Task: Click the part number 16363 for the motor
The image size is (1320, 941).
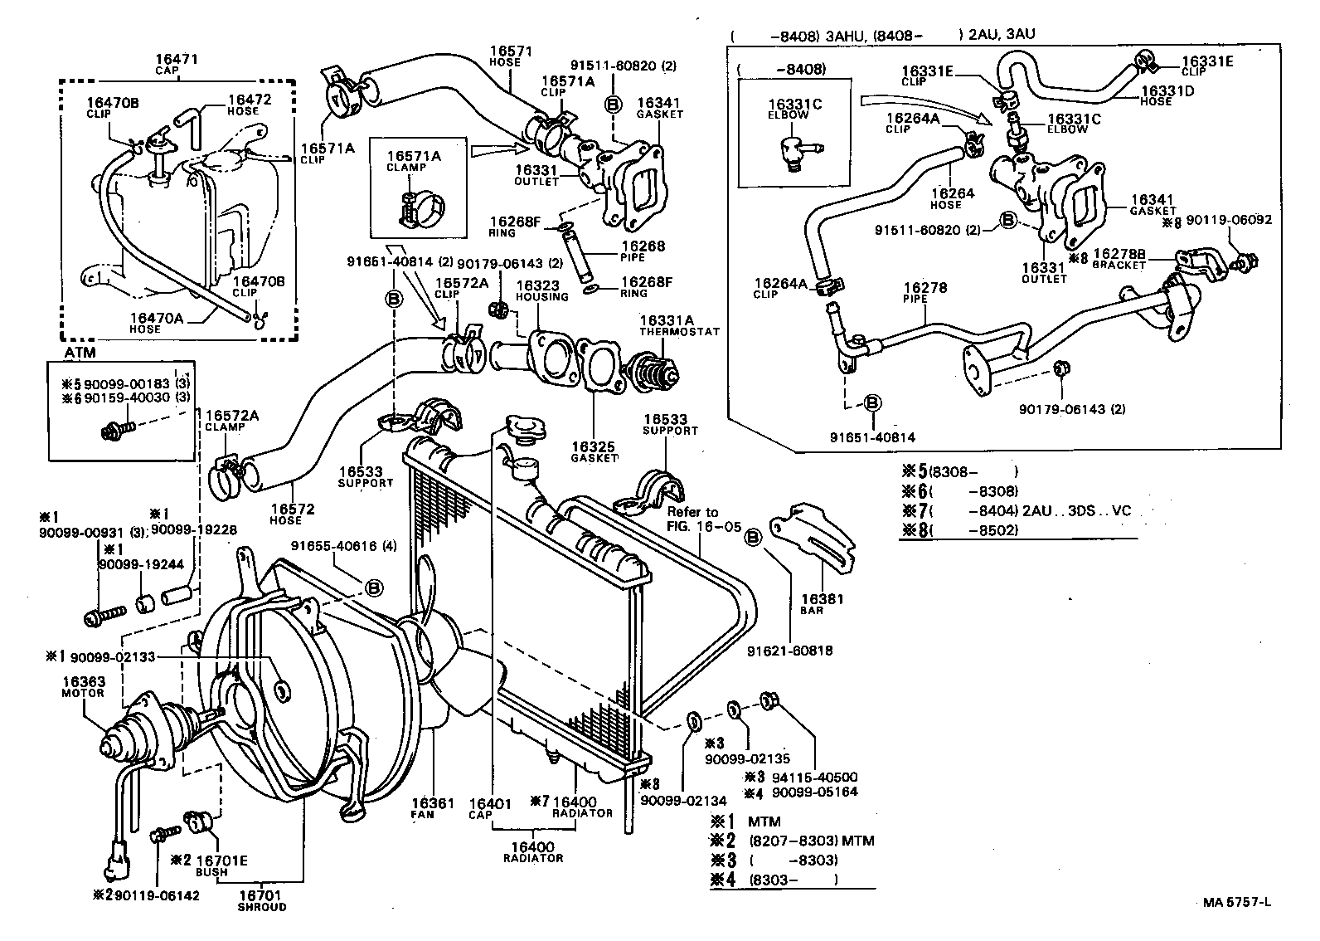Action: (82, 681)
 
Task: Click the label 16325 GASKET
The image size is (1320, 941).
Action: (594, 451)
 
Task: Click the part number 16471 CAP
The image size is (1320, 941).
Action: (177, 63)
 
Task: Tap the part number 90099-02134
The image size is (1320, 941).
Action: (682, 800)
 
